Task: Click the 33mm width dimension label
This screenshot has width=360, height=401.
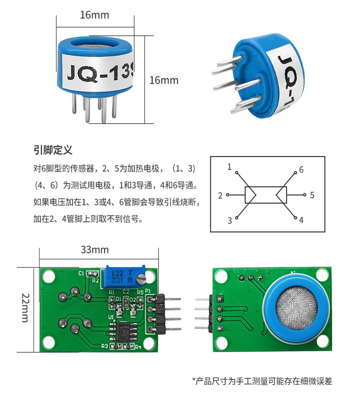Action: (95, 250)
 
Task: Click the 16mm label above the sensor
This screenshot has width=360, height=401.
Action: (95, 15)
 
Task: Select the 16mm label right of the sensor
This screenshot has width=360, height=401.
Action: (164, 80)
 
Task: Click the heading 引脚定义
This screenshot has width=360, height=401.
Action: (53, 150)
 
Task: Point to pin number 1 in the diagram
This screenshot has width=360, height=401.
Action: (229, 167)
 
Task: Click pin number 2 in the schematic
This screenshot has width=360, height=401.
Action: (220, 195)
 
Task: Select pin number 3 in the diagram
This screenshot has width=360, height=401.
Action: (229, 220)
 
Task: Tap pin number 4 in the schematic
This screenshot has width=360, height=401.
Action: (301, 220)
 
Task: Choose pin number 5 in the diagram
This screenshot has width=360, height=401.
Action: (312, 195)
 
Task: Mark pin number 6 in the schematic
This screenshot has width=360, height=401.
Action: (301, 170)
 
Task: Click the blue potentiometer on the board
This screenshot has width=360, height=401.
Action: (123, 276)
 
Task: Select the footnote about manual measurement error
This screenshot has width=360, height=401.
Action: (262, 381)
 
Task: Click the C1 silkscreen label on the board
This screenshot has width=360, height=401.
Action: (81, 273)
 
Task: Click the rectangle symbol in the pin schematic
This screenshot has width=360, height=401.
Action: (266, 195)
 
